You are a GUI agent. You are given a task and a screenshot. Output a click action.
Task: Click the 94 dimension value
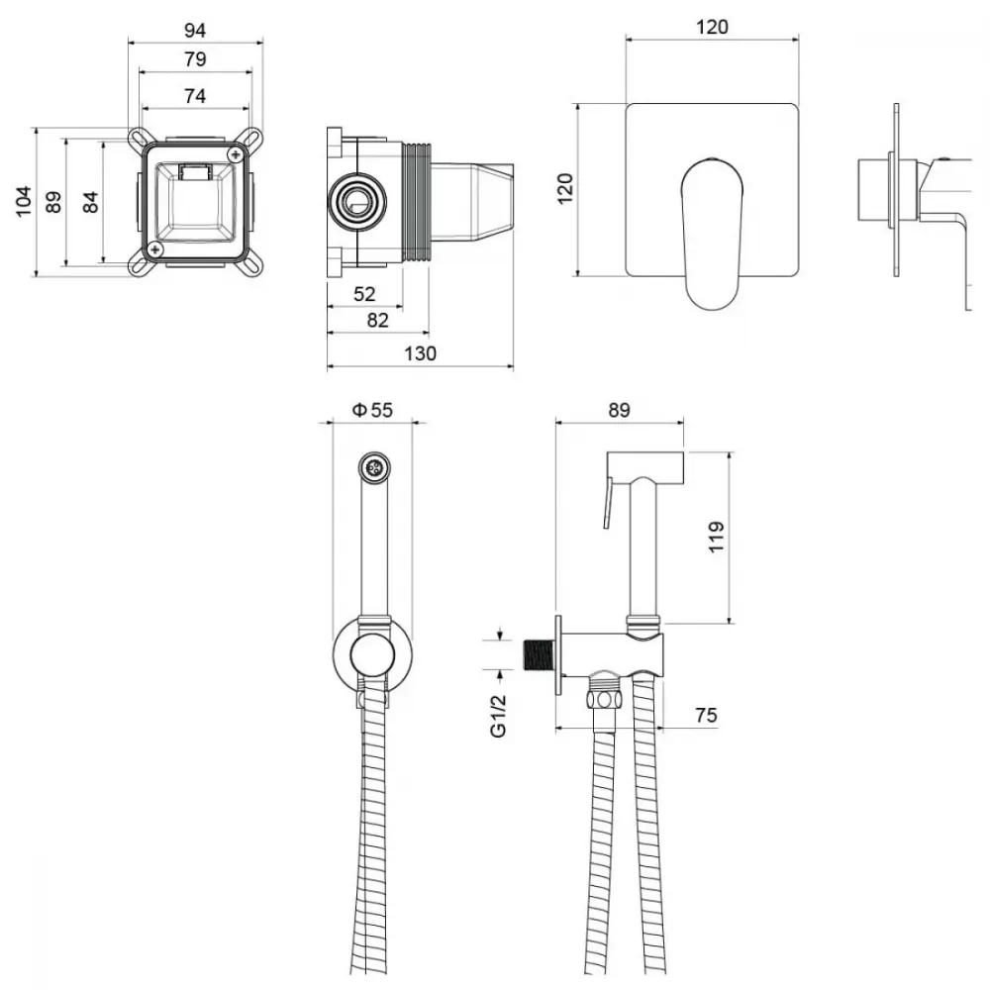pos(195,31)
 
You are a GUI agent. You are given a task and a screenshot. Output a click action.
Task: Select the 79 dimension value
pos(195,59)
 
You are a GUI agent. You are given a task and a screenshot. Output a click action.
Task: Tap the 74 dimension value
pos(195,96)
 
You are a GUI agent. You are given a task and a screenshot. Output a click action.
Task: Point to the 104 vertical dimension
pos(24,201)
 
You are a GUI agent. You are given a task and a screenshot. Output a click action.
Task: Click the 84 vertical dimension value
pos(91,202)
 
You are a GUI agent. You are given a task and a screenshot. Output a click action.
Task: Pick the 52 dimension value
pos(364,294)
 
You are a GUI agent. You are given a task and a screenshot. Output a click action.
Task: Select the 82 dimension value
pos(377,321)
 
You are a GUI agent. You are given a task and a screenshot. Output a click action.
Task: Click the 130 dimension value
pos(420,353)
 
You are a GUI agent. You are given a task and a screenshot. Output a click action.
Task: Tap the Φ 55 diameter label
pos(372,411)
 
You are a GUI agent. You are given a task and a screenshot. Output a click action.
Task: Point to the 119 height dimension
pos(716,538)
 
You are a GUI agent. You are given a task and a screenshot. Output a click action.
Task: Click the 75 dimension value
pos(706,716)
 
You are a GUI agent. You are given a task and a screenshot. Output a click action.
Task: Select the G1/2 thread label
pos(498,716)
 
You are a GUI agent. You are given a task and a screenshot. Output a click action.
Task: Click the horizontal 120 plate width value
pos(712,27)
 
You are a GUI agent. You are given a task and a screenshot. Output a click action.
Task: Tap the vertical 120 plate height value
pos(565,189)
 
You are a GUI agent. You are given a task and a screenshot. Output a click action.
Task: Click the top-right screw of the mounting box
pos(237,154)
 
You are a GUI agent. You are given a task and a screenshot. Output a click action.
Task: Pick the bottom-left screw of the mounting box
pos(154,250)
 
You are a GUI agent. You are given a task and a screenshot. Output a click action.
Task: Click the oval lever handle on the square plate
pos(712,234)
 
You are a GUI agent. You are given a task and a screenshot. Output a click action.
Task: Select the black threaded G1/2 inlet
pos(539,655)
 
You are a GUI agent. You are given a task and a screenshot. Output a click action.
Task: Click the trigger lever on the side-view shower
pos(608,503)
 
